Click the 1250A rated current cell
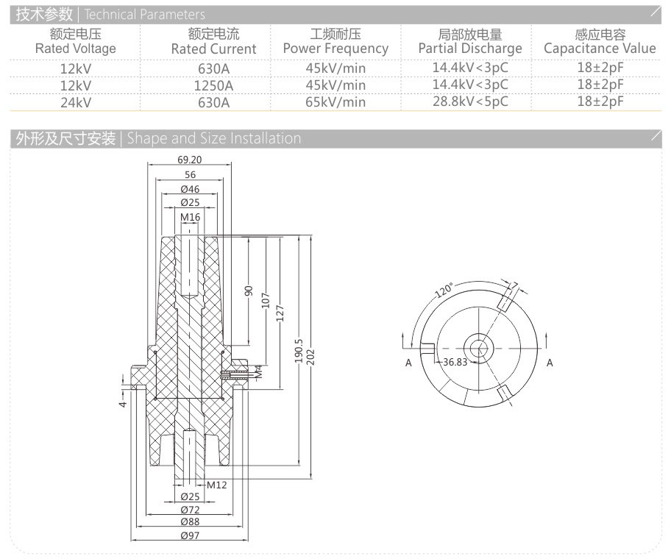pos(213,85)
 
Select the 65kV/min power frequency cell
pos(335,102)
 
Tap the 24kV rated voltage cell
pos(76,102)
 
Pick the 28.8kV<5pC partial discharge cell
pos(470,102)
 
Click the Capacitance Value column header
pos(600,42)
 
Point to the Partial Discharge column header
pos(470,42)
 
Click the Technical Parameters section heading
pos(110,14)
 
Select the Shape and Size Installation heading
pos(157,138)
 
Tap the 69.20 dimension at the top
pos(190,159)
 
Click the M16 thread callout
pos(190,217)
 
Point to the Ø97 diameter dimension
pos(190,535)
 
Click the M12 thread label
pos(216,485)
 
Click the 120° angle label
pos(444,289)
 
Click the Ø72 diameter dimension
pos(190,510)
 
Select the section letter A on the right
pos(549,363)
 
